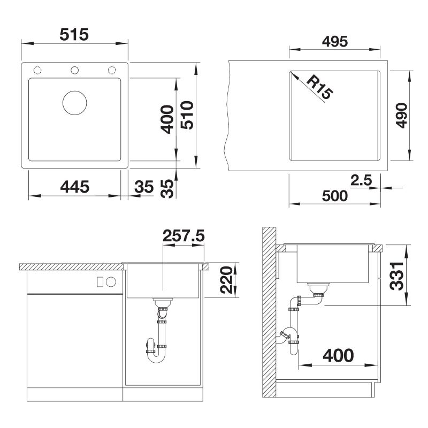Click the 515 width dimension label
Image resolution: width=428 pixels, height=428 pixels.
point(74,35)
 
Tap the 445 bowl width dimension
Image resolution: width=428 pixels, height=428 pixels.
point(74,187)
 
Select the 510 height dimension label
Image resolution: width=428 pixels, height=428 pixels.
point(187,115)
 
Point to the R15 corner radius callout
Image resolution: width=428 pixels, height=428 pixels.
point(319,87)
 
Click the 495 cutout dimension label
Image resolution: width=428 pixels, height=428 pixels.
point(335,42)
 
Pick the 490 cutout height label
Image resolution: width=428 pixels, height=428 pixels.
point(401,115)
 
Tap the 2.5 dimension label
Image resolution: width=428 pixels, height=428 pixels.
point(361,180)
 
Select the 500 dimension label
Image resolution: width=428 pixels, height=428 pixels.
point(335,196)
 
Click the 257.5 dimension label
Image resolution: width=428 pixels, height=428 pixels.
point(184,235)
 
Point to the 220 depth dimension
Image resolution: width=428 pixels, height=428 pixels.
point(226,280)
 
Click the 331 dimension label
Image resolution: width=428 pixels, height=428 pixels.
point(396,276)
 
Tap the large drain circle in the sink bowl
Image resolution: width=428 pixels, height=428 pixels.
point(74,103)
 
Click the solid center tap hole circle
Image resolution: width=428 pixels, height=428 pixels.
point(74,70)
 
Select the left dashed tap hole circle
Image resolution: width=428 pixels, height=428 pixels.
point(37,70)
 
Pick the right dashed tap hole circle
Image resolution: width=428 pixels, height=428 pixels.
point(112,70)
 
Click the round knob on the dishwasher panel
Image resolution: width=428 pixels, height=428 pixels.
point(111,282)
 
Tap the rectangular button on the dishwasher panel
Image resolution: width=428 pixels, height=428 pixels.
point(100,282)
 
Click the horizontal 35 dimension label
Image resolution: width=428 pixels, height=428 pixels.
point(144,187)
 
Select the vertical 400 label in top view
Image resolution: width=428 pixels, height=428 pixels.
point(167,119)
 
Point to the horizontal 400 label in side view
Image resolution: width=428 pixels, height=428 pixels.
point(338,355)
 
